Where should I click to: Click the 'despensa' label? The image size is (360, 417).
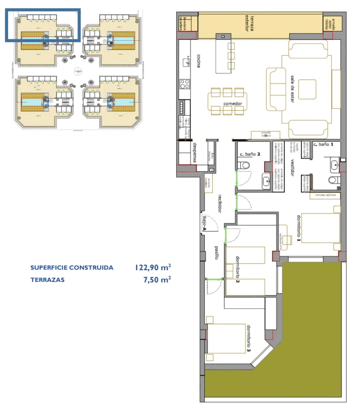(x=195, y=152)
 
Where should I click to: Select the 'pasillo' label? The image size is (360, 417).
(x=216, y=253)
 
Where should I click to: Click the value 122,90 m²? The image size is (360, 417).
(x=153, y=267)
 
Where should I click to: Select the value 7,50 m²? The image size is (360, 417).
(x=157, y=279)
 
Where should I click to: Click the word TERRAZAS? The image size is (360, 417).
(x=47, y=279)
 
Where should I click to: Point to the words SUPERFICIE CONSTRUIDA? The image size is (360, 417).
(x=71, y=268)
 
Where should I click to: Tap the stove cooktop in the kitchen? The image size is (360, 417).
(x=184, y=84)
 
